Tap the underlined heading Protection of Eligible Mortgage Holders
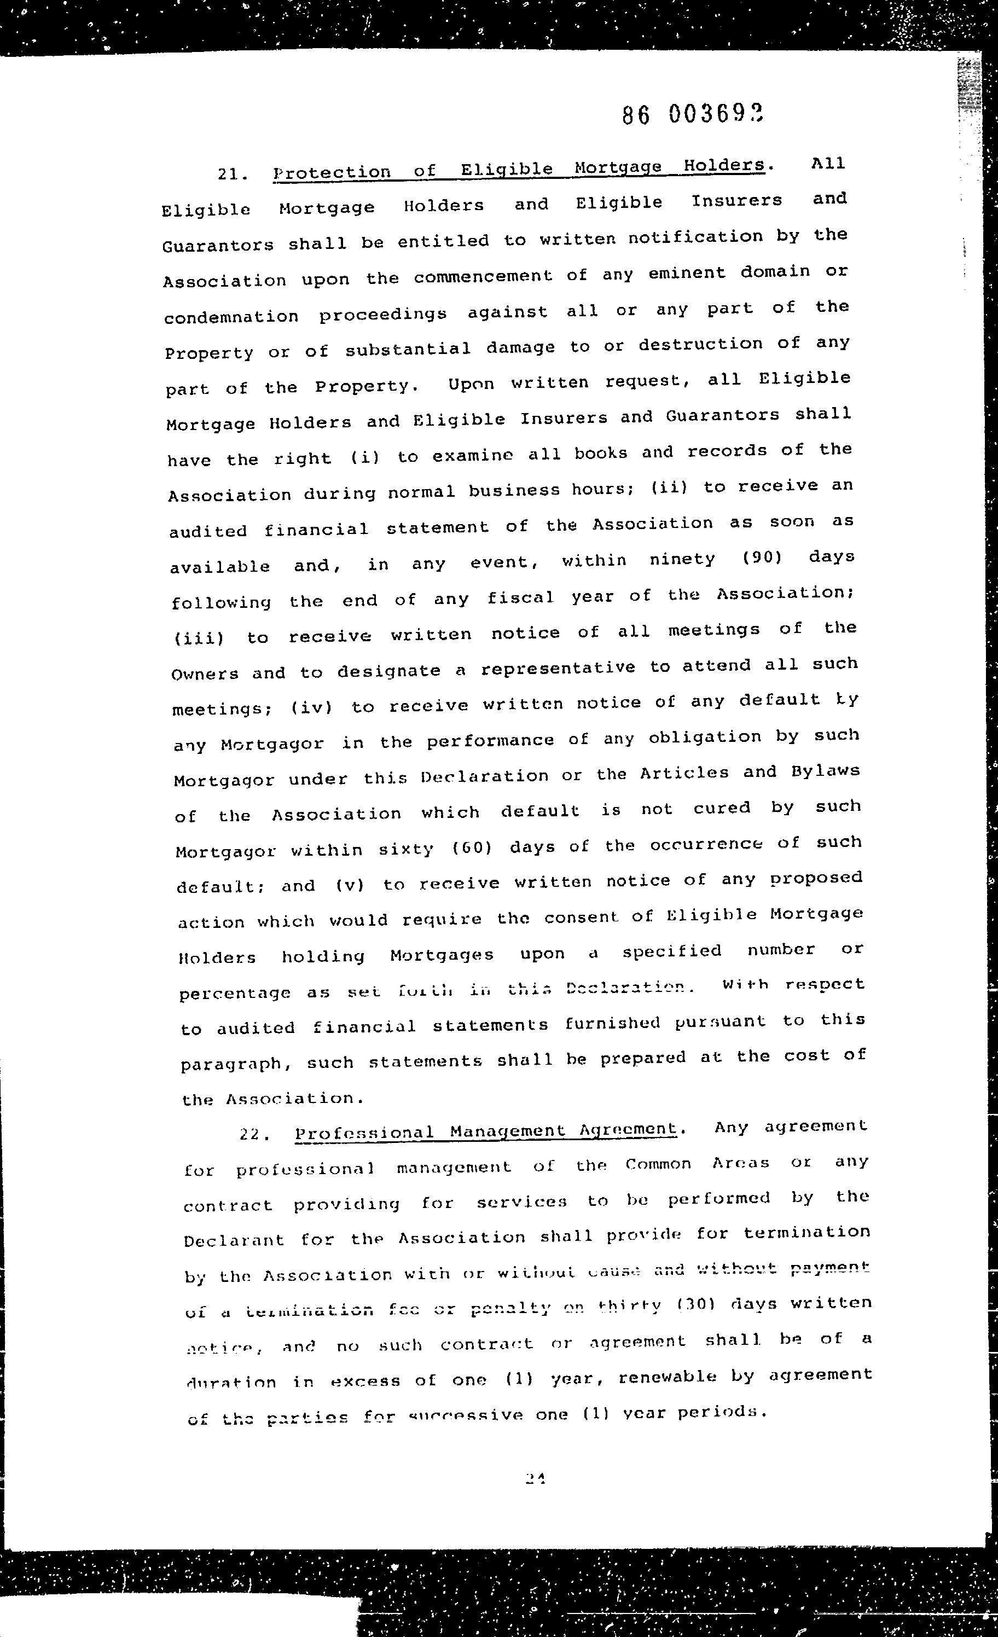click(x=519, y=169)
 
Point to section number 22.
click(x=254, y=1135)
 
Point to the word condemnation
click(x=231, y=317)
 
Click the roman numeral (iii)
click(x=199, y=639)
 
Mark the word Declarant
click(x=233, y=1240)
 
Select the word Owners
click(x=205, y=674)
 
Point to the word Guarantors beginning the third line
click(x=218, y=245)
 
